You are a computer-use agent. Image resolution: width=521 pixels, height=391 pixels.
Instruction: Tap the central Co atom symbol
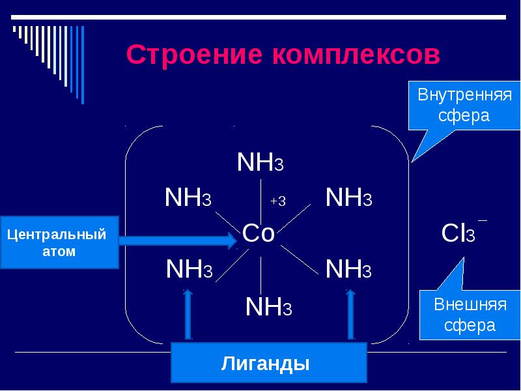tap(259, 233)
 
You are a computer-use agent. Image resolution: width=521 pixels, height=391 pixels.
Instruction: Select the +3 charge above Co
tap(278, 201)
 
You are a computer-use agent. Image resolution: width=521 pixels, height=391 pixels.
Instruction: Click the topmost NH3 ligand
tap(260, 162)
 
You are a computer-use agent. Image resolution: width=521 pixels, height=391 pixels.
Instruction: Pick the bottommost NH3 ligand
tap(268, 307)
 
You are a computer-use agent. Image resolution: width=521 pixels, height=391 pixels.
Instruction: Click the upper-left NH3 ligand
tap(188, 197)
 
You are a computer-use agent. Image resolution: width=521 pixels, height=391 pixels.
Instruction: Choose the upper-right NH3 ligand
tap(348, 197)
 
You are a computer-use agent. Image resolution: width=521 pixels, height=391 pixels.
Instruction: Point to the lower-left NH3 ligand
tap(189, 269)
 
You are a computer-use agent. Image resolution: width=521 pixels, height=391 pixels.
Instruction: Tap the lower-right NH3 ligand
tap(348, 269)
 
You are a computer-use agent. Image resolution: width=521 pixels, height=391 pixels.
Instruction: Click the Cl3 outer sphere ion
tap(458, 233)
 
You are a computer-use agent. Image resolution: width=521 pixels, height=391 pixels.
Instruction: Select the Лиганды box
tap(268, 362)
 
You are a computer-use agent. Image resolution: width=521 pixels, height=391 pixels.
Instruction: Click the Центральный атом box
tap(59, 242)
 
